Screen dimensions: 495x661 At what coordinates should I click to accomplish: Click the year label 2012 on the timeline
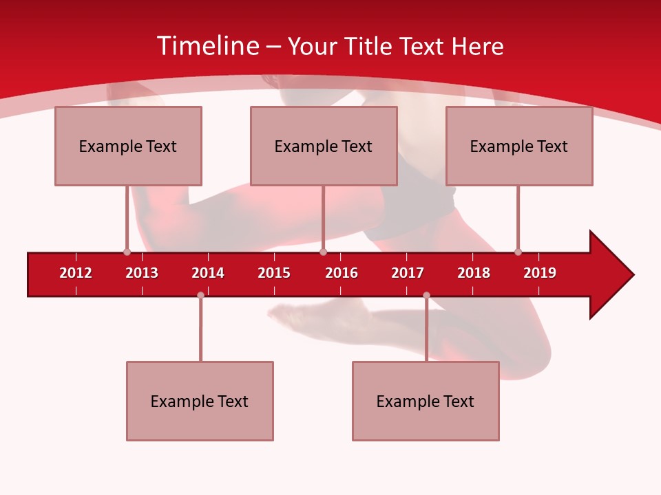[x=76, y=273]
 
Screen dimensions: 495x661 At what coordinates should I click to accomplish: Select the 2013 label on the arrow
[x=142, y=273]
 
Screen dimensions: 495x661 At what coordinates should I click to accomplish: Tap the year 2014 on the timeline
[x=208, y=273]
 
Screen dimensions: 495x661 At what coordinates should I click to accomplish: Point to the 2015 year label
[x=274, y=273]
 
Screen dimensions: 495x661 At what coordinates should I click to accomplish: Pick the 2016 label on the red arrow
[x=342, y=273]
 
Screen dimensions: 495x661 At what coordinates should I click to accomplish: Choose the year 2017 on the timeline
[x=408, y=273]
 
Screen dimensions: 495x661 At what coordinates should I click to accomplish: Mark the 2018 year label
[x=474, y=273]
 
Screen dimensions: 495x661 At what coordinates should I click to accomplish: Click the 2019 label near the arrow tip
[x=540, y=273]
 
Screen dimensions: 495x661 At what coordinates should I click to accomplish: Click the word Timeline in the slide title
[x=207, y=46]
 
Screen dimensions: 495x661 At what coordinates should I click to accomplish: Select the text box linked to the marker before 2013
[x=128, y=146]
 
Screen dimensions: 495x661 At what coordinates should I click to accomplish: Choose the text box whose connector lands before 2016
[x=324, y=146]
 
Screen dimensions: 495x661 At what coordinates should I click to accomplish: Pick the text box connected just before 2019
[x=519, y=146]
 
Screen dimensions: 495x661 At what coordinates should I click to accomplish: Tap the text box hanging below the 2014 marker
[x=200, y=401]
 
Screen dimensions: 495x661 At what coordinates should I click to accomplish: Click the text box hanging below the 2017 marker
[x=426, y=401]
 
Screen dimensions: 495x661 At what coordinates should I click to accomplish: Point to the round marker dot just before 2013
[x=127, y=252]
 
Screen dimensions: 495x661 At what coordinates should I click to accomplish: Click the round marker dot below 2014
[x=200, y=295]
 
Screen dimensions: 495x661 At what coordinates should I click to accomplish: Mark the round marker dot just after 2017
[x=426, y=295]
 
